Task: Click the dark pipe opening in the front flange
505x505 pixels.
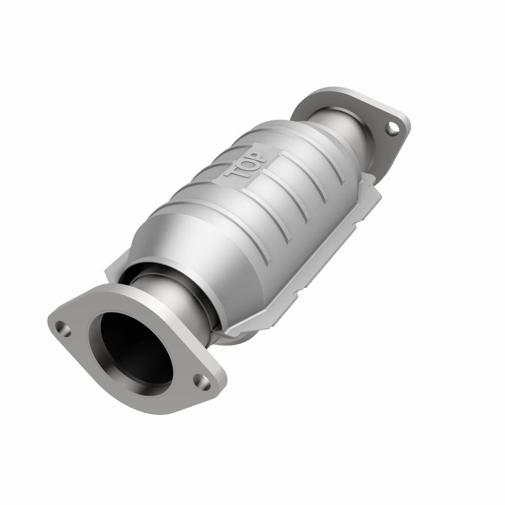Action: [129, 344]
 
